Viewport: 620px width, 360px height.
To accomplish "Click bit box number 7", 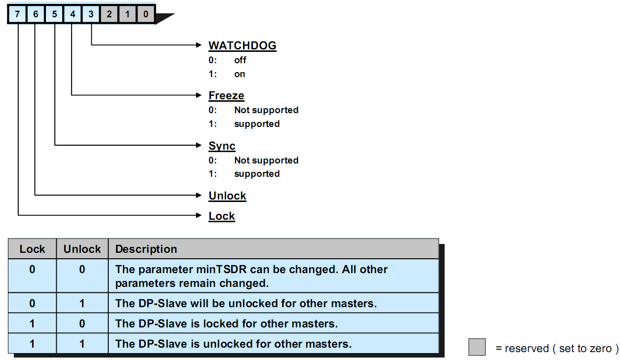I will click(x=17, y=14).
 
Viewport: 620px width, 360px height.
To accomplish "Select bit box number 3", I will click(x=91, y=14).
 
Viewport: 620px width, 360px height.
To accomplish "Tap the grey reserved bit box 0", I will click(x=146, y=14).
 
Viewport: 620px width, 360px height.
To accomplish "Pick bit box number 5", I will click(x=54, y=14).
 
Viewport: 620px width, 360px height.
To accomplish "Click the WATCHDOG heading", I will click(x=242, y=46).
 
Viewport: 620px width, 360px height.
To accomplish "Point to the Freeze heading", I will click(x=226, y=96).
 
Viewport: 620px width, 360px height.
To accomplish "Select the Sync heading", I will click(x=222, y=146).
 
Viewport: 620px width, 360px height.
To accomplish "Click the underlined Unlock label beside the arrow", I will click(x=227, y=196).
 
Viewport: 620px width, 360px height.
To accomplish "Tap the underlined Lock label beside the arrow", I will click(x=222, y=216).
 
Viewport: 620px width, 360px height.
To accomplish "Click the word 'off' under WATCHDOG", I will click(x=240, y=60).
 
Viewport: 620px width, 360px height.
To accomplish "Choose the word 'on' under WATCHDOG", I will click(x=240, y=74).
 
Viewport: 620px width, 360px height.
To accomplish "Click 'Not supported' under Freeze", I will click(x=266, y=110).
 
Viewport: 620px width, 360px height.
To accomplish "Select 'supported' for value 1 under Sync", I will click(x=257, y=174).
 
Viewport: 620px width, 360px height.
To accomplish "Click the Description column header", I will click(x=146, y=249).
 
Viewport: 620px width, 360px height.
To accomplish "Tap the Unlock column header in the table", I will click(x=82, y=249).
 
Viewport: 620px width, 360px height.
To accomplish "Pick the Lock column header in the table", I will click(x=32, y=249).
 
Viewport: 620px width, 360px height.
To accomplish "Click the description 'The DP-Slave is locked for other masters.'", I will click(x=226, y=324).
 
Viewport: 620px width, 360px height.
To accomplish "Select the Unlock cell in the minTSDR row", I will click(x=82, y=270).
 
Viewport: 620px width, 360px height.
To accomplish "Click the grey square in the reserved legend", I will click(x=477, y=347).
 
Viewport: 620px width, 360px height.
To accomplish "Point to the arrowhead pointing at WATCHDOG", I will click(x=200, y=45).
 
